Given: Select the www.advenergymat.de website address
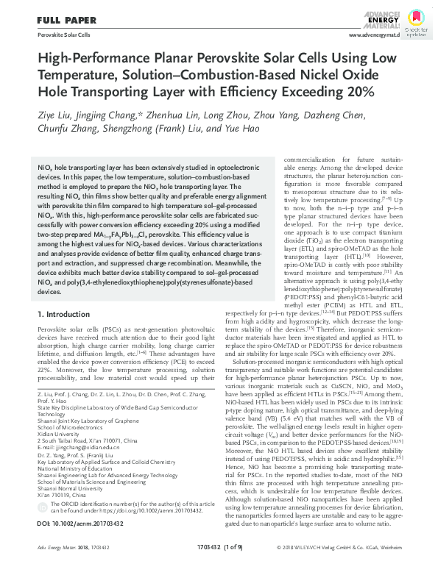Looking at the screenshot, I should click(x=373, y=35).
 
